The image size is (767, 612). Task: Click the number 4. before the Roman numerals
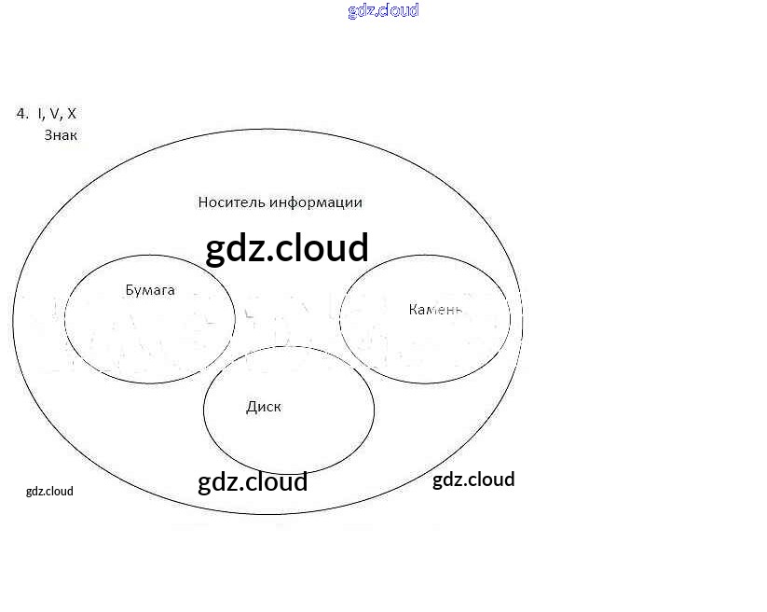pos(22,114)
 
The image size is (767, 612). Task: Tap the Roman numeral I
pos(41,114)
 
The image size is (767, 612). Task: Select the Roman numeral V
pos(55,114)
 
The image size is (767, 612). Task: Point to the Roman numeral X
pos(72,114)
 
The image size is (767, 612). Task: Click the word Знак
pos(61,135)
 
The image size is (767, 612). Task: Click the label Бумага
pos(150,290)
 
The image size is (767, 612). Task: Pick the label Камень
pos(435,309)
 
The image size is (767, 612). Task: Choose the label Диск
pos(264,407)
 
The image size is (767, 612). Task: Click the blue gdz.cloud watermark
pos(383,10)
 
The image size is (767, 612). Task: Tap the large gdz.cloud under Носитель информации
pos(287,248)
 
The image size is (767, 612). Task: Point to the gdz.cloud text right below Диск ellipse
pos(253,481)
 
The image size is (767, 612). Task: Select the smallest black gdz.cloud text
pos(49,492)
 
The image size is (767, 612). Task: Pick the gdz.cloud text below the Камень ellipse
pos(473,480)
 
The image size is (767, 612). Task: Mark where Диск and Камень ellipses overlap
pos(358,363)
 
